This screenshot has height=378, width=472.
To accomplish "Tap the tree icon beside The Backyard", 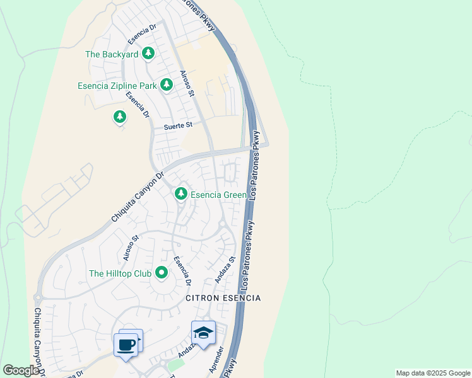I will pyautogui.click(x=148, y=53).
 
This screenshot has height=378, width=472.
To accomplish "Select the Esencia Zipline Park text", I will pyautogui.click(x=116, y=85).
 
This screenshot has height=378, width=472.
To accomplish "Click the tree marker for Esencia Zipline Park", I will pyautogui.click(x=166, y=84).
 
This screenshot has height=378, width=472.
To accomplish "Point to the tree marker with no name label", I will pyautogui.click(x=119, y=117).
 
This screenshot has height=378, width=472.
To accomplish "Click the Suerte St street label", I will pyautogui.click(x=178, y=126).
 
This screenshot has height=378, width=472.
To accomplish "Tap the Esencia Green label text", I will pyautogui.click(x=219, y=195).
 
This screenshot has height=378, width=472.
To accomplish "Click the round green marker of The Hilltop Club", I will pyautogui.click(x=162, y=273).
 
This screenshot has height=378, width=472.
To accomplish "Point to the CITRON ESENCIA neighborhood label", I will pyautogui.click(x=223, y=297).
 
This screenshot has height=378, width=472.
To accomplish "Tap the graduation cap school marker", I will pyautogui.click(x=203, y=333).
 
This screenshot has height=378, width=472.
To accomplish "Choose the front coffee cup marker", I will pyautogui.click(x=126, y=345).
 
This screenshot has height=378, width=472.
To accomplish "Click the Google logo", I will pyautogui.click(x=21, y=370).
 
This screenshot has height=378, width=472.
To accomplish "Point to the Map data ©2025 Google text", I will pyautogui.click(x=433, y=373).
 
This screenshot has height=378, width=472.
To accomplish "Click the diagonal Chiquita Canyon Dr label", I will pyautogui.click(x=137, y=197).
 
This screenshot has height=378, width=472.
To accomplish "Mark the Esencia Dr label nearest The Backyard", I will pyautogui.click(x=142, y=35).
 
